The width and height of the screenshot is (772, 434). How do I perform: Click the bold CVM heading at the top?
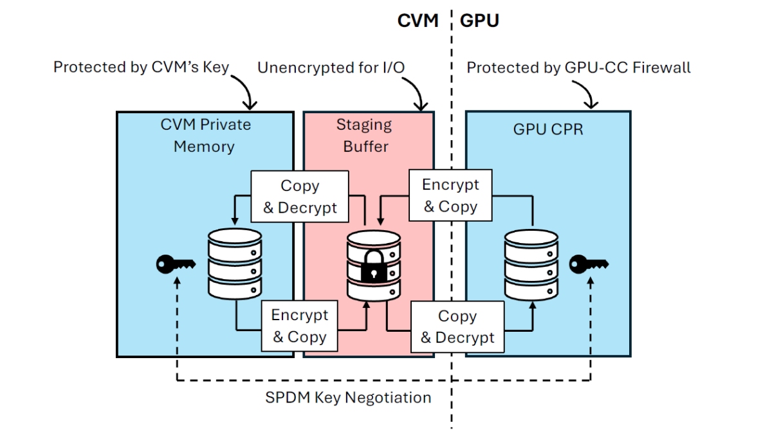click(x=418, y=21)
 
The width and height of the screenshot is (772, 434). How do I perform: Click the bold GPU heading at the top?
click(x=479, y=21)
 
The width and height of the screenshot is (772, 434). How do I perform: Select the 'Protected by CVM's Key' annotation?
click(x=141, y=68)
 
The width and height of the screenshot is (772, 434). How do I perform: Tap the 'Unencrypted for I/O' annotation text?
click(x=332, y=68)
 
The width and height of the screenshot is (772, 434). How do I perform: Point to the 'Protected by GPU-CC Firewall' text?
click(x=578, y=68)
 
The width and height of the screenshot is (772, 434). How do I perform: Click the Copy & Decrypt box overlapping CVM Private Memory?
click(x=300, y=197)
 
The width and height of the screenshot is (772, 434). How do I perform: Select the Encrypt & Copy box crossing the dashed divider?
click(x=450, y=195)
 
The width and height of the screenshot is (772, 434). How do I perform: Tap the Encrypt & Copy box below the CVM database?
click(x=299, y=326)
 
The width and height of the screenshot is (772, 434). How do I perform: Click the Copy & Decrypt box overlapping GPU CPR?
click(x=457, y=327)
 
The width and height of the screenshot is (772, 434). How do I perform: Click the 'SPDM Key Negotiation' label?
click(x=348, y=397)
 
